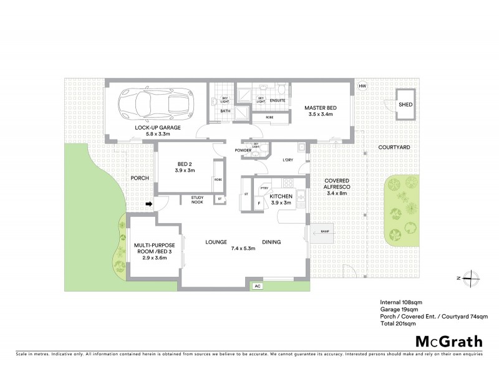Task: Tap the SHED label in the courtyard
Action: pyautogui.click(x=406, y=105)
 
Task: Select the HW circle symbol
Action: pyautogui.click(x=362, y=87)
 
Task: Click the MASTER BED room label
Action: pyautogui.click(x=320, y=108)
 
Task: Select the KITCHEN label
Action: pyautogui.click(x=281, y=197)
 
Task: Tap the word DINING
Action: pyautogui.click(x=271, y=242)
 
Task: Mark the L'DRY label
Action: pyautogui.click(x=288, y=160)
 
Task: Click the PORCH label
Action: pyautogui.click(x=139, y=178)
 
